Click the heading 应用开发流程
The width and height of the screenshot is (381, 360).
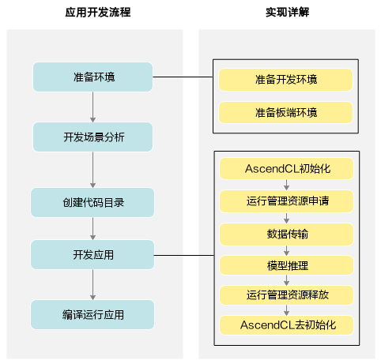click(98, 13)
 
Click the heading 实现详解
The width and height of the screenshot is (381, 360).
click(287, 13)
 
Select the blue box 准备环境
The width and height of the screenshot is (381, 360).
click(92, 77)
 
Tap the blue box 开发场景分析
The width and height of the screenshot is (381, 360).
click(92, 137)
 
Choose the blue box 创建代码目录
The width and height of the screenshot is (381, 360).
click(92, 202)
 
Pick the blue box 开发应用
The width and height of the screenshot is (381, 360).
click(92, 254)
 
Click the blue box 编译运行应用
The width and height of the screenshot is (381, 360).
click(92, 314)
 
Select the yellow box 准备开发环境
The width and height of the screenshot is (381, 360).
click(286, 80)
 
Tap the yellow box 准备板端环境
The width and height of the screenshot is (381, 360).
click(286, 112)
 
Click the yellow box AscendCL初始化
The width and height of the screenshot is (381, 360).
click(287, 169)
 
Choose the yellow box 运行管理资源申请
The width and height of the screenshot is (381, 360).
click(287, 201)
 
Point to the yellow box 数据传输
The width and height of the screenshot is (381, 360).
click(287, 234)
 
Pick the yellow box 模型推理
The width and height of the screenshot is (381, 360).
click(287, 265)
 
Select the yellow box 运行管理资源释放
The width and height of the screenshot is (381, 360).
click(287, 295)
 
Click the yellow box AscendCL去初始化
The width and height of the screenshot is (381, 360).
click(287, 325)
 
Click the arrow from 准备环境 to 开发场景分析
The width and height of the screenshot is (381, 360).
click(92, 107)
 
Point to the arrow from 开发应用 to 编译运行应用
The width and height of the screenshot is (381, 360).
click(92, 284)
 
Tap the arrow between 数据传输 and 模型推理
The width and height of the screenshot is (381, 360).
click(287, 250)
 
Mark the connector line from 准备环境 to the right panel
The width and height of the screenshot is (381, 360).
click(183, 77)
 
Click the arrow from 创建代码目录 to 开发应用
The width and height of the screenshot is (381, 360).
click(92, 228)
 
